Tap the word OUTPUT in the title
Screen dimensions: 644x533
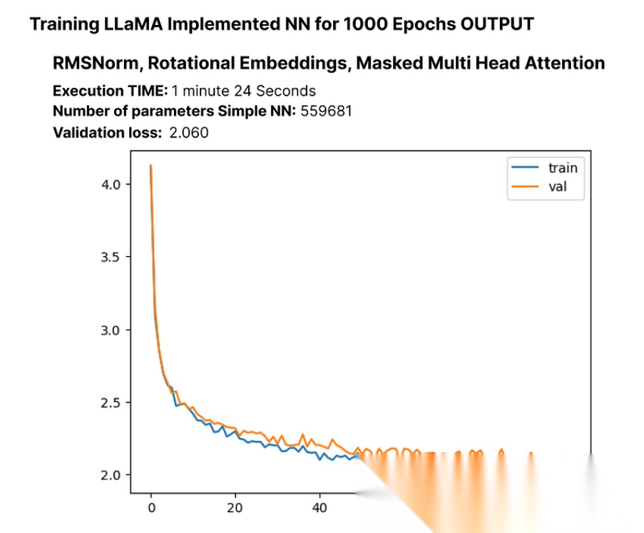497,24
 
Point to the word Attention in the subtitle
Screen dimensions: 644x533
565,64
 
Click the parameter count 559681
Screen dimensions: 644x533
326,111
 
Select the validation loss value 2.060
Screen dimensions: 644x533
189,133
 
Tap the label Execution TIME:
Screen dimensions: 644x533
110,91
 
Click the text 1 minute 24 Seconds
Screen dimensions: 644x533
244,91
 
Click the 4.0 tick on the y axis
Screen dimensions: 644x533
111,185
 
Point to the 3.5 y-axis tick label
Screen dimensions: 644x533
111,258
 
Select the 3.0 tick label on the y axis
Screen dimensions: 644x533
111,330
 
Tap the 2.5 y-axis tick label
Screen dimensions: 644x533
111,402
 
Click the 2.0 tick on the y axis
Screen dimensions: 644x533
111,475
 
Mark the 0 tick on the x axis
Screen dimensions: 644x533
152,508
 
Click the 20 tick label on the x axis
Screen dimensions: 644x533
235,508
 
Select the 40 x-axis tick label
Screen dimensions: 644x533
319,508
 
